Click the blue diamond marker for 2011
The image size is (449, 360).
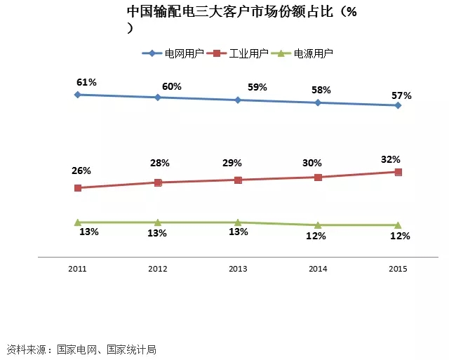coord(77,95)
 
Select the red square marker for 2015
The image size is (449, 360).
coord(398,172)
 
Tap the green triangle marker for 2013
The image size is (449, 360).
coord(238,222)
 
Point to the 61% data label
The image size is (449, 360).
coord(87,82)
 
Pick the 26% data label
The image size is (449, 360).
coord(81,171)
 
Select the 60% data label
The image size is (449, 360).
coord(171,86)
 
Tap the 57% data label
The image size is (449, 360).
coord(401,95)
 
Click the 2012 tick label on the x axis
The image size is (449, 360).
coord(158,268)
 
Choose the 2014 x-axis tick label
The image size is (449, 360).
coord(318,268)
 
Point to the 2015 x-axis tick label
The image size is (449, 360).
coord(398,268)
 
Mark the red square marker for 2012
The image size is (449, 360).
coord(158,182)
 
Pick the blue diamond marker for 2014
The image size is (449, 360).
coord(318,102)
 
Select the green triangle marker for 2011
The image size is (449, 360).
coord(77,222)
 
